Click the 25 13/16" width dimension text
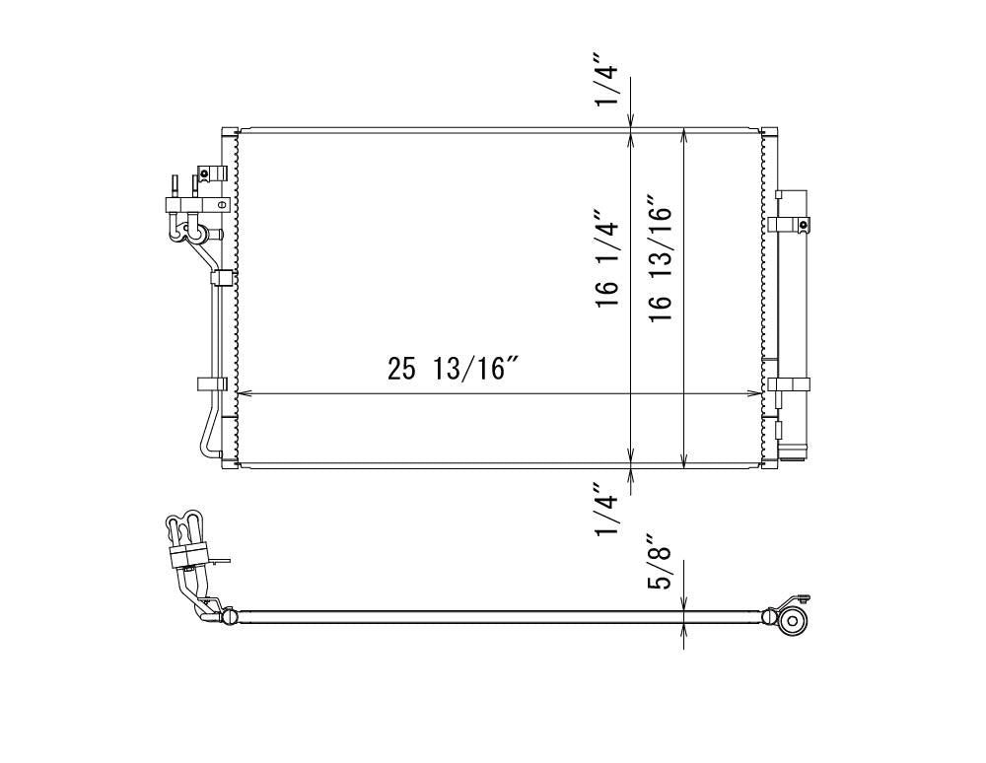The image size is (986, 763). click(x=453, y=369)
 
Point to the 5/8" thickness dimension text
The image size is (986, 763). click(x=660, y=562)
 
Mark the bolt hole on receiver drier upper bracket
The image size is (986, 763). click(x=804, y=226)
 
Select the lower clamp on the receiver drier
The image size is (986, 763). click(x=789, y=384)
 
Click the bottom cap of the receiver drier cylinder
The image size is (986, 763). click(x=793, y=452)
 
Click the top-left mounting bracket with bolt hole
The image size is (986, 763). click(x=210, y=173)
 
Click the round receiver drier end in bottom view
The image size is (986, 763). click(x=794, y=621)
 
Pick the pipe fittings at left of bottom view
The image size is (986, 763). click(x=189, y=552)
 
